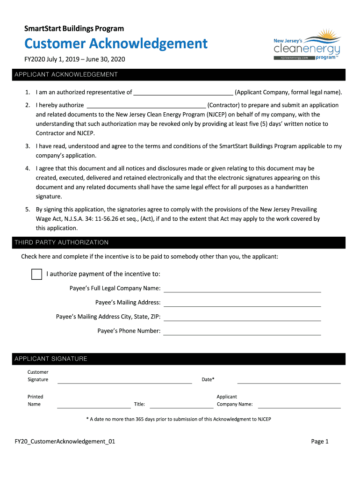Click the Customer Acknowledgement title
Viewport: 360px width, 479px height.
coord(116,44)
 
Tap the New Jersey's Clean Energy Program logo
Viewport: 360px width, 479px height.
coord(307,45)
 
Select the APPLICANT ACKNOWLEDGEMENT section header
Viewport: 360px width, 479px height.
coord(66,75)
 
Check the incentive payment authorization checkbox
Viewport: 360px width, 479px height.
coord(37,274)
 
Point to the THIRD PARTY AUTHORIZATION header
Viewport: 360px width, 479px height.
coord(61,242)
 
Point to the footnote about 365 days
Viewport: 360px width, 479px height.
coord(179,419)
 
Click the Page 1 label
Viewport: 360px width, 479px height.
coord(320,441)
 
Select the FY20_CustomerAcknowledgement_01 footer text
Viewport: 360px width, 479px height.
coord(65,441)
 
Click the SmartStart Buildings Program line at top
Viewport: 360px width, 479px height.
coord(74,29)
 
